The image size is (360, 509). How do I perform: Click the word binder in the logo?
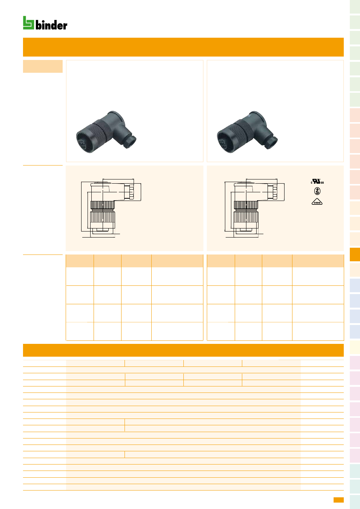pyautogui.click(x=51, y=25)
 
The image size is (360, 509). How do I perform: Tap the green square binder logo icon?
pyautogui.click(x=28, y=23)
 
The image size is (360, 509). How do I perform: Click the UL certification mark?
pyautogui.click(x=317, y=181)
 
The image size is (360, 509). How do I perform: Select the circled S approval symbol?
pyautogui.click(x=317, y=191)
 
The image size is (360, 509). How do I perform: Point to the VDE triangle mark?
pyautogui.click(x=317, y=202)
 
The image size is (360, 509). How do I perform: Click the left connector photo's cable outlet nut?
pyautogui.click(x=130, y=142)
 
